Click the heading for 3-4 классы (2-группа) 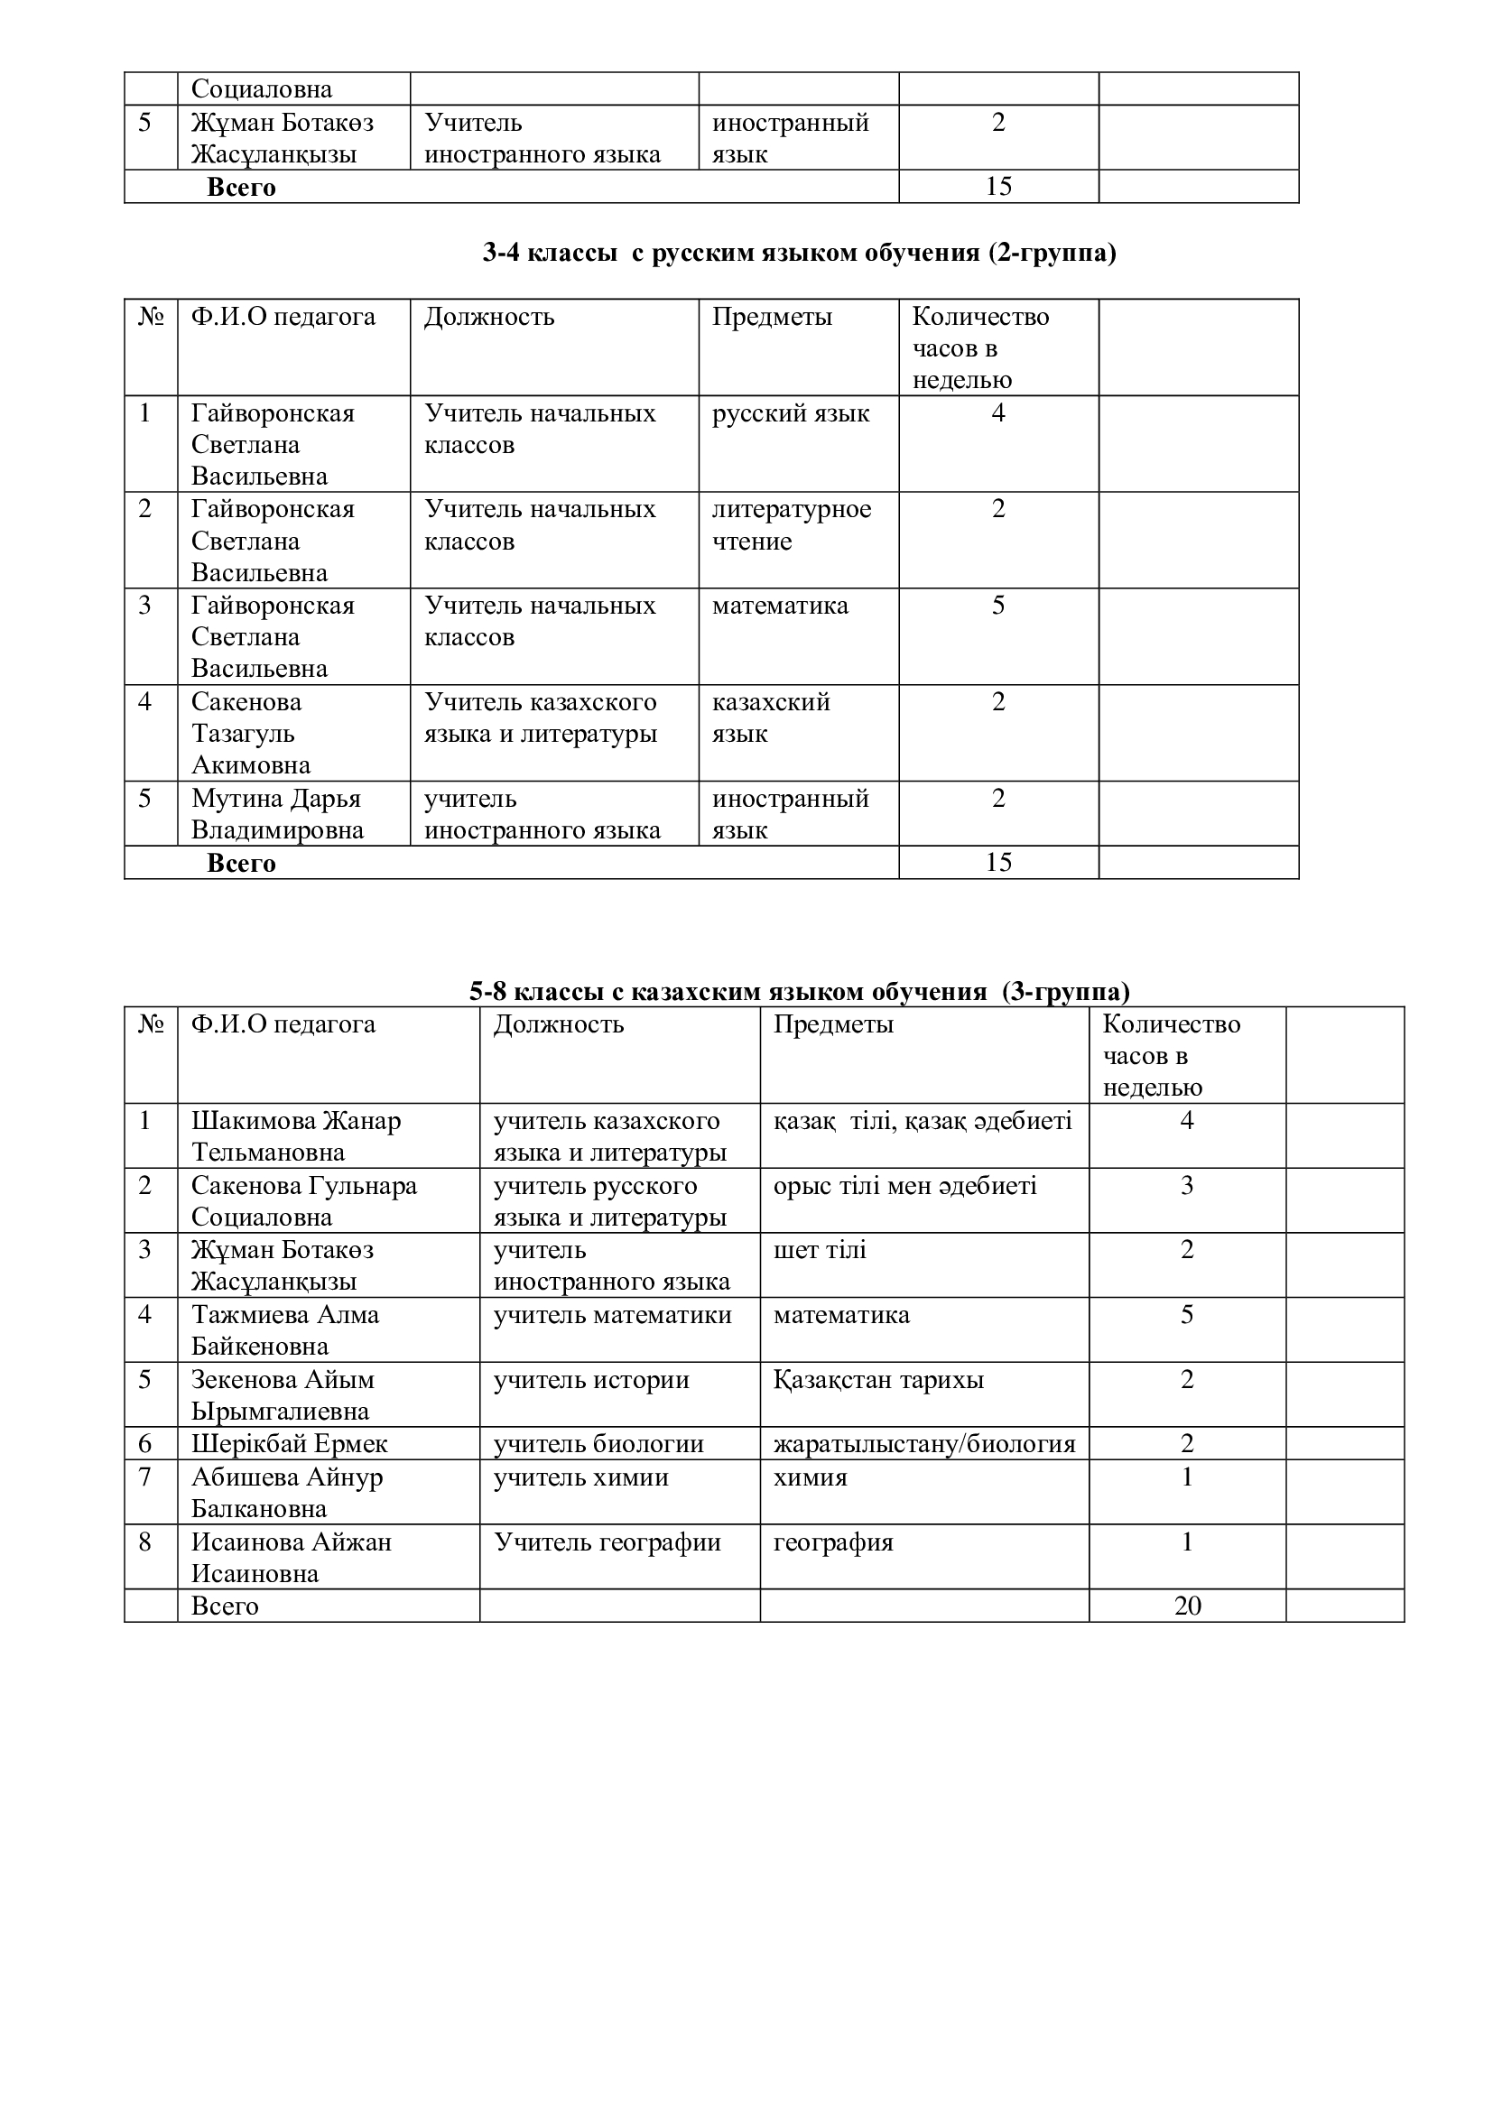(x=799, y=253)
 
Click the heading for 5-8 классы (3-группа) (x=799, y=991)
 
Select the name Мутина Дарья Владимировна (x=277, y=814)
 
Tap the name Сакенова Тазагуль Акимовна (x=250, y=733)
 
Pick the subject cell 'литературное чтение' (x=791, y=525)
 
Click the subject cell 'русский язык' (x=791, y=413)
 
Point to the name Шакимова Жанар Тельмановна (x=295, y=1136)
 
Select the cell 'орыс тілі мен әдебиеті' (x=904, y=1186)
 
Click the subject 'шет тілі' (x=819, y=1250)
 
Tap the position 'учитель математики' (x=612, y=1315)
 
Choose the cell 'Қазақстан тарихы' (x=878, y=1380)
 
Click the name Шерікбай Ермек (x=289, y=1443)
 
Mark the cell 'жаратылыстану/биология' (x=924, y=1443)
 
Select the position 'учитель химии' (x=581, y=1477)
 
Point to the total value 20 (x=1187, y=1606)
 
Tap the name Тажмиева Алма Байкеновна (x=284, y=1330)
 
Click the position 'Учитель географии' (x=607, y=1542)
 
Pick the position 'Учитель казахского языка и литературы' (x=541, y=718)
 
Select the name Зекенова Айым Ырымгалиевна (x=282, y=1394)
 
